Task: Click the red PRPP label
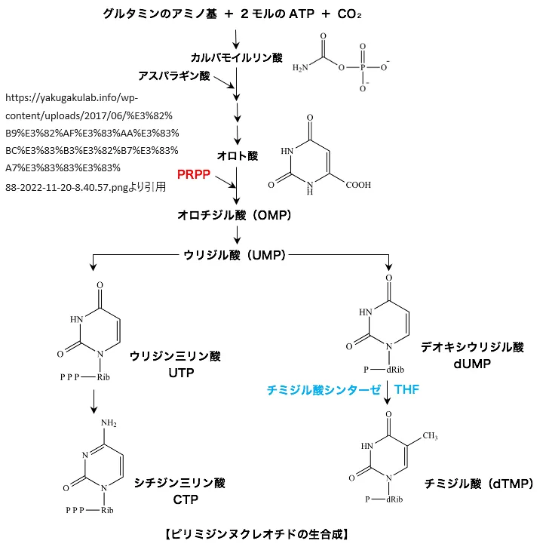tap(194, 174)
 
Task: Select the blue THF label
tap(408, 390)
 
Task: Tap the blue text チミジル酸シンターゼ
tap(323, 390)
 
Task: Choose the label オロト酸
tap(237, 155)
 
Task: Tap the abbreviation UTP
tap(176, 373)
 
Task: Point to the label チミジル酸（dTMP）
tap(478, 481)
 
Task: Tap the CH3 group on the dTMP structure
tap(430, 435)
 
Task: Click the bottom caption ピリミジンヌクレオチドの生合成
tap(255, 535)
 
